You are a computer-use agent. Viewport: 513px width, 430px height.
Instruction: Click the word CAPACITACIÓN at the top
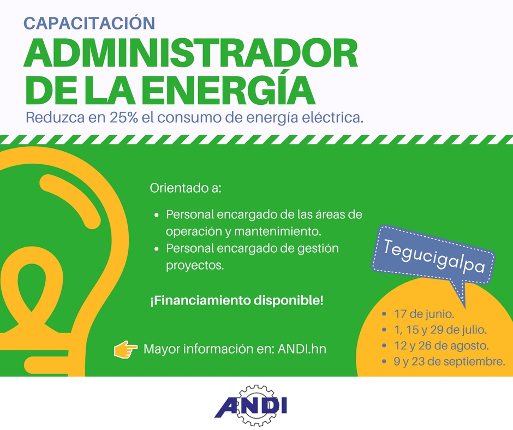(x=90, y=23)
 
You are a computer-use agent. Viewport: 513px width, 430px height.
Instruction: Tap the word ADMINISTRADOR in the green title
(x=191, y=53)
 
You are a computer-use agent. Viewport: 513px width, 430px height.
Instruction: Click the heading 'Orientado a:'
(x=186, y=188)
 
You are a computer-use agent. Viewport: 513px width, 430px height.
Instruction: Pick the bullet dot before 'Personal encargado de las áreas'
(x=157, y=216)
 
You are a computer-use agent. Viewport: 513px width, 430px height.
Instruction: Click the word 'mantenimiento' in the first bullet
(x=276, y=231)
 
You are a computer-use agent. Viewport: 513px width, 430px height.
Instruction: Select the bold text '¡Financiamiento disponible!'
(x=237, y=300)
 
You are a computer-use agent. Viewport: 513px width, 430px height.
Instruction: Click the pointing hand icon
(x=126, y=349)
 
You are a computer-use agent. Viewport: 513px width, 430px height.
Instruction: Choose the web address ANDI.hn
(x=302, y=349)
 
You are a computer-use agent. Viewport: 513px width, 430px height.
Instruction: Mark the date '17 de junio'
(x=424, y=314)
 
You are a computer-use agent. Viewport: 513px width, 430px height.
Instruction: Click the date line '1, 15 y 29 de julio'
(x=440, y=330)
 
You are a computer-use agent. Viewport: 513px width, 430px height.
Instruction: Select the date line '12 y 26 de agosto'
(x=442, y=345)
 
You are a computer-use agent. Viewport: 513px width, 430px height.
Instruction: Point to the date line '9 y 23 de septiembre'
(x=449, y=362)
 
